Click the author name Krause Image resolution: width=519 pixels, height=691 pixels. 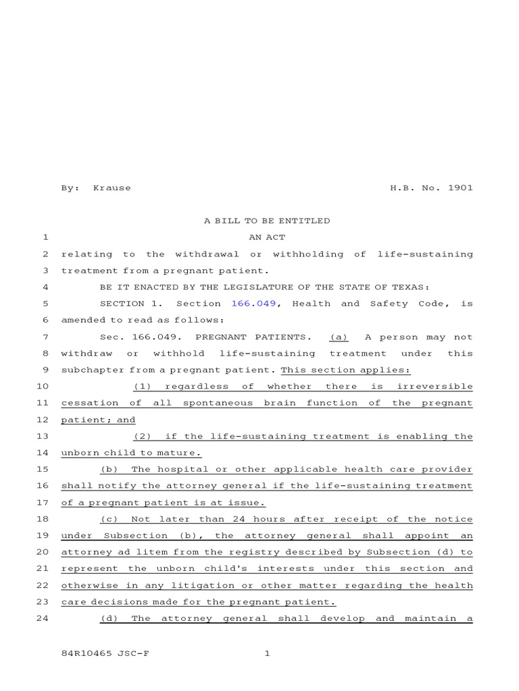112,188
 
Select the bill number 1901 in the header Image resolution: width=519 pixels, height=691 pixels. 460,188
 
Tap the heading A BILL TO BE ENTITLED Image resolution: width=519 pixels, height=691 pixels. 267,221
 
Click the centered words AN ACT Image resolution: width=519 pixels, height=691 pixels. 267,238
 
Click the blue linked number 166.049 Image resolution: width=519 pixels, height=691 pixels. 253,304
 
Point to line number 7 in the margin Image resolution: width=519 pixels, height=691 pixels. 45,337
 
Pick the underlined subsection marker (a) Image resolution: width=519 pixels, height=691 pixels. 339,337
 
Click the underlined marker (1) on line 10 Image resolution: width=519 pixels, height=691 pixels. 141,386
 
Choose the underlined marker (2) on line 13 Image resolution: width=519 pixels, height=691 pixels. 143,436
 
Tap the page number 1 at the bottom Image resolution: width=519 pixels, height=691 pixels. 267,653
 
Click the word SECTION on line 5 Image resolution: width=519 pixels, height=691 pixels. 121,304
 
